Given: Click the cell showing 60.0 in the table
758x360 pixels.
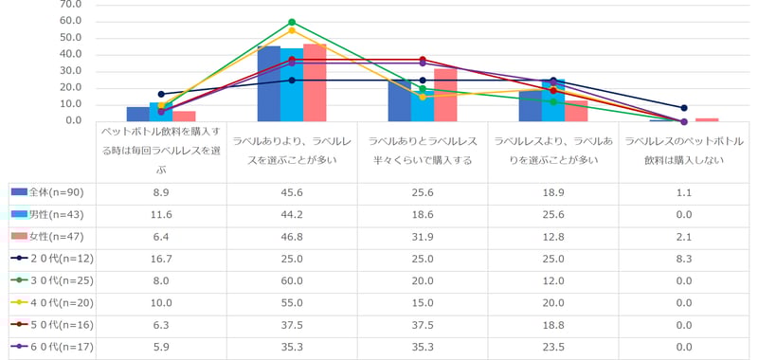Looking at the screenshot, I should (292, 280).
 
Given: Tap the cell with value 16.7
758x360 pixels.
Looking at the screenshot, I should (161, 258).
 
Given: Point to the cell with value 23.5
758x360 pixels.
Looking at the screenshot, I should (552, 347).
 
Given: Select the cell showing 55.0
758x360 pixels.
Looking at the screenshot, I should (292, 302).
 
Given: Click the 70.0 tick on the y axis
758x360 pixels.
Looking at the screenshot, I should (70, 4).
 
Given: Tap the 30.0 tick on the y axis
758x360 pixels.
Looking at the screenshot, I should (70, 71).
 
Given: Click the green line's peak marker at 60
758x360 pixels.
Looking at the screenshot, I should (292, 22).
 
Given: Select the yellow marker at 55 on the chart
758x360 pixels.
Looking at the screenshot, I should (292, 30).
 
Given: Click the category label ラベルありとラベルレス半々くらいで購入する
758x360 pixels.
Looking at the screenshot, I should (423, 150).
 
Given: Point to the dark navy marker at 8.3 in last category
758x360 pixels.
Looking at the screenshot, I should (683, 108).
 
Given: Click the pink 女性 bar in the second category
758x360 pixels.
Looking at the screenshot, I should (315, 83).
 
